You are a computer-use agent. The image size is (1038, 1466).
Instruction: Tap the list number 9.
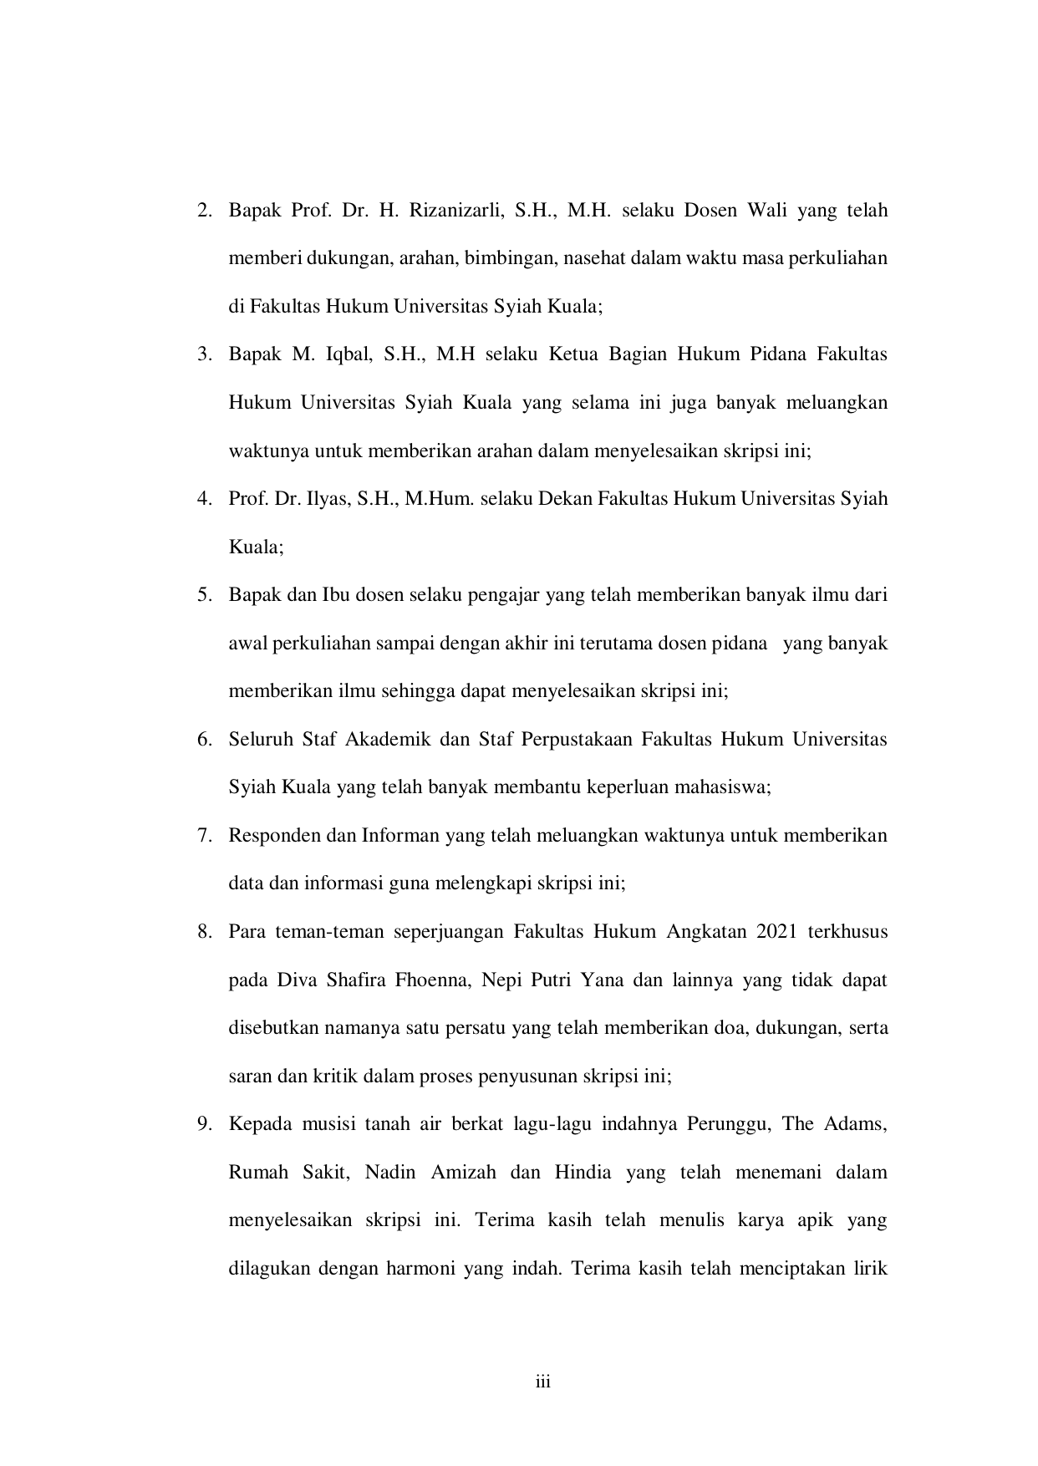coord(203,1124)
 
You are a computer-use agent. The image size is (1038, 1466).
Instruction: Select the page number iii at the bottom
coord(543,1382)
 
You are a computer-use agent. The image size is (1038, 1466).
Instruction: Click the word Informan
coord(399,836)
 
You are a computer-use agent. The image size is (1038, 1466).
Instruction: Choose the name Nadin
coord(389,1173)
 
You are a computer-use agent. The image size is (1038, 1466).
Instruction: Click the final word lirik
coord(869,1269)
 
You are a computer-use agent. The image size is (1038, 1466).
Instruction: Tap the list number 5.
coord(203,596)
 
